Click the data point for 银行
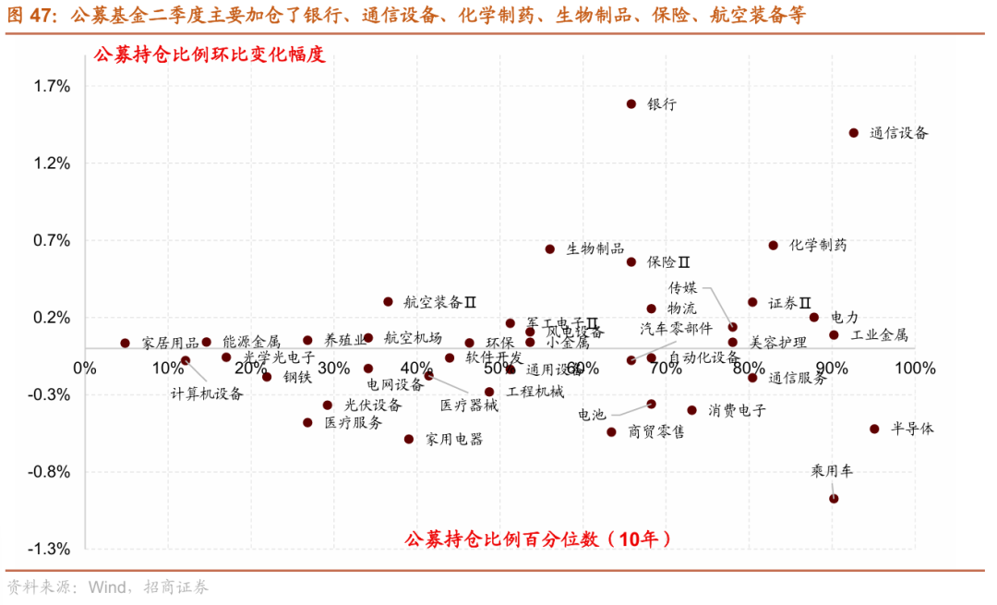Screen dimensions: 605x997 click(631, 104)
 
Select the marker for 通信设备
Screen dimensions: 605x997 click(854, 133)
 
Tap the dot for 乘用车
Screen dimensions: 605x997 click(834, 498)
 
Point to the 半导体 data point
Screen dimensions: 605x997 click(874, 429)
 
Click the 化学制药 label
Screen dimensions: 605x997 click(818, 246)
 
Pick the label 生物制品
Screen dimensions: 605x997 click(595, 249)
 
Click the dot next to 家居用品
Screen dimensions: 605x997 click(126, 343)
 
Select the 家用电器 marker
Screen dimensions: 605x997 click(409, 439)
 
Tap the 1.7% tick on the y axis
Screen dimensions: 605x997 click(52, 86)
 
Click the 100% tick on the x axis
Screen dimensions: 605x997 click(896, 368)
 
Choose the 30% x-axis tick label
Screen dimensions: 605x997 click(333, 368)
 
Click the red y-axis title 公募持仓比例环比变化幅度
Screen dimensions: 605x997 click(210, 55)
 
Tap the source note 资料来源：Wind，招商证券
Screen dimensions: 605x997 click(107, 587)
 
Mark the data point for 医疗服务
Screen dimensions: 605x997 click(308, 422)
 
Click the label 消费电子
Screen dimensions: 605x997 click(737, 409)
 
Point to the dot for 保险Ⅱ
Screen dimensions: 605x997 click(631, 261)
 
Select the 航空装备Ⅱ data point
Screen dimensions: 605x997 click(388, 301)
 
